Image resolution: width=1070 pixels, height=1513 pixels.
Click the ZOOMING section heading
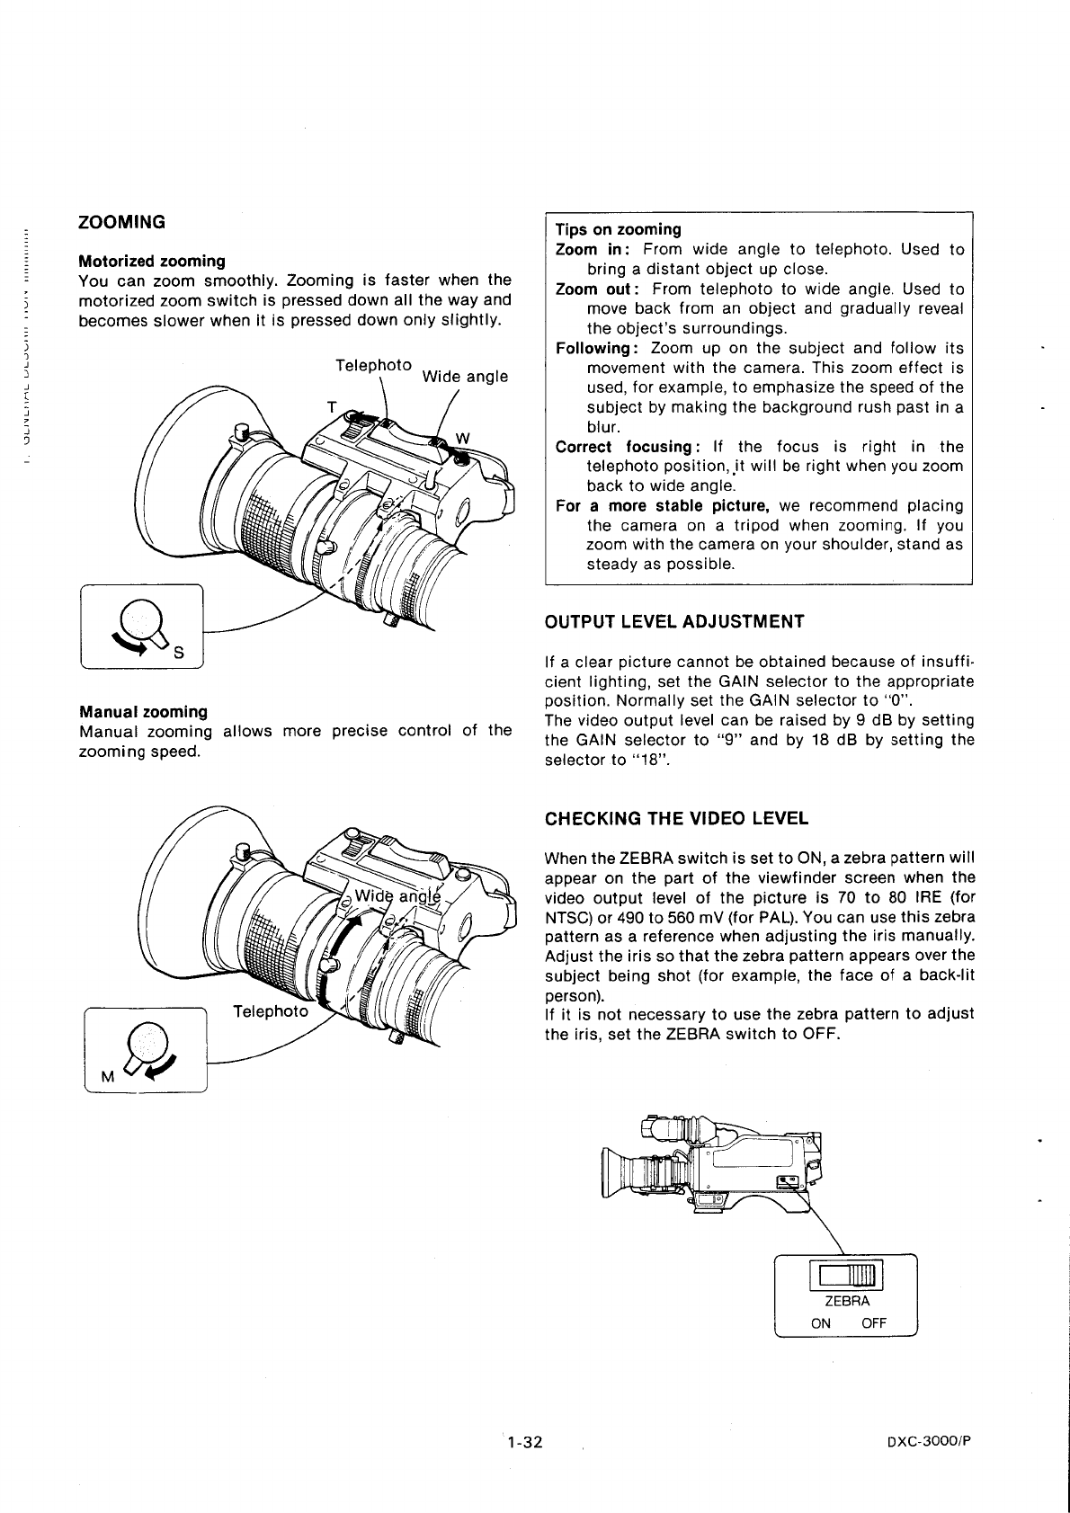122,221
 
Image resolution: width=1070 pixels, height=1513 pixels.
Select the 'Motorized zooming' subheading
152,261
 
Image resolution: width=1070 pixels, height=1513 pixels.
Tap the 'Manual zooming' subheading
143,711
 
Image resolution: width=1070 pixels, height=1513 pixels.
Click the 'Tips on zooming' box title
618,229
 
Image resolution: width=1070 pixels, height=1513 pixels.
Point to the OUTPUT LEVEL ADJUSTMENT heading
674,621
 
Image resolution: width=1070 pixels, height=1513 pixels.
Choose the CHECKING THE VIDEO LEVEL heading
676,818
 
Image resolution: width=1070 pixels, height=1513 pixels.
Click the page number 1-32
524,1442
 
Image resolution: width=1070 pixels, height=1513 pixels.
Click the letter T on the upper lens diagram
331,407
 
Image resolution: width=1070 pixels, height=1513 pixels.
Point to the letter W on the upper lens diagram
463,438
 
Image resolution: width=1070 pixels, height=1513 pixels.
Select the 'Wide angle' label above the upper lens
465,376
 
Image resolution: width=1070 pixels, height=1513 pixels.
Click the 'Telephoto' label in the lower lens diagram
270,1010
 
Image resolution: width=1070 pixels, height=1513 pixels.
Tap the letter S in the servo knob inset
178,653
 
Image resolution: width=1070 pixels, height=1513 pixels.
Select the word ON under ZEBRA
821,1322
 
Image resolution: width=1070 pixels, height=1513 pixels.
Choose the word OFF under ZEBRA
873,1322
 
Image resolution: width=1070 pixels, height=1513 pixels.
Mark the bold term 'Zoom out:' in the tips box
597,289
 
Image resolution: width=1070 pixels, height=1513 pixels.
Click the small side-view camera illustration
711,1164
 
